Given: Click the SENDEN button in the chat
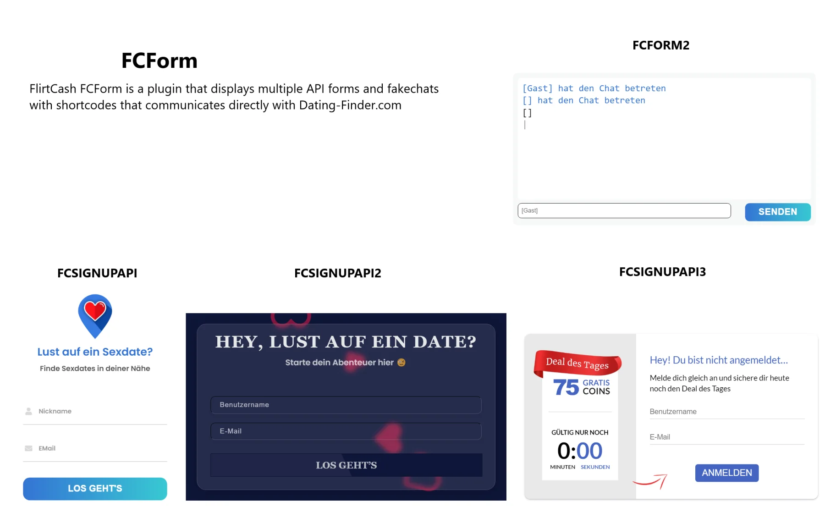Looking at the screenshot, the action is [777, 212].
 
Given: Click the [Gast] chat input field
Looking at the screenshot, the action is [624, 210].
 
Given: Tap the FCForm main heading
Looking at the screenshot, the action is [159, 61].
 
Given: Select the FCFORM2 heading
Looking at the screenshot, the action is [660, 45].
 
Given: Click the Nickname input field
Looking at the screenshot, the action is [95, 411].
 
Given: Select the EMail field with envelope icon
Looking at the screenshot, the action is [95, 448].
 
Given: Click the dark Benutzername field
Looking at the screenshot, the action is [346, 405].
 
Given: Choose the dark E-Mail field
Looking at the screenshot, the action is [346, 431].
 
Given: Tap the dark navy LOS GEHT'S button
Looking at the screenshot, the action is [346, 465].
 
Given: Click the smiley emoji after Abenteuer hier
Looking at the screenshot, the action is [401, 363].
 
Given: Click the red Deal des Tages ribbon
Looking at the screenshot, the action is [577, 364].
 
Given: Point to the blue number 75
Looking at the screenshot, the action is [566, 387].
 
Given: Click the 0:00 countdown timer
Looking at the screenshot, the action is [580, 451].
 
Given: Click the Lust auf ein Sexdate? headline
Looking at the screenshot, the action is [95, 352].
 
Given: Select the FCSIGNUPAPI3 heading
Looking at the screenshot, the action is [662, 272].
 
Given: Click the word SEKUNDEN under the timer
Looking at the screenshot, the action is [595, 467].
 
